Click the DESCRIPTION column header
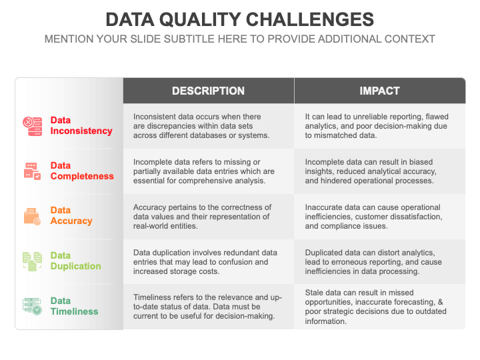(x=208, y=91)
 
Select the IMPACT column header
(x=379, y=91)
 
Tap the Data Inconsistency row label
(x=81, y=125)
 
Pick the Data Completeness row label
(x=82, y=171)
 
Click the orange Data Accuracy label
(x=71, y=215)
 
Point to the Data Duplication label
(x=75, y=261)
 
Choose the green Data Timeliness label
(x=75, y=306)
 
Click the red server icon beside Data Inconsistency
(x=33, y=126)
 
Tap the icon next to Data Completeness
(x=32, y=171)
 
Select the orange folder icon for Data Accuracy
(x=32, y=217)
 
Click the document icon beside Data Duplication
(x=32, y=261)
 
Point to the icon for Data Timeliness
(x=32, y=307)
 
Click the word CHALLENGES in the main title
(x=310, y=19)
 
